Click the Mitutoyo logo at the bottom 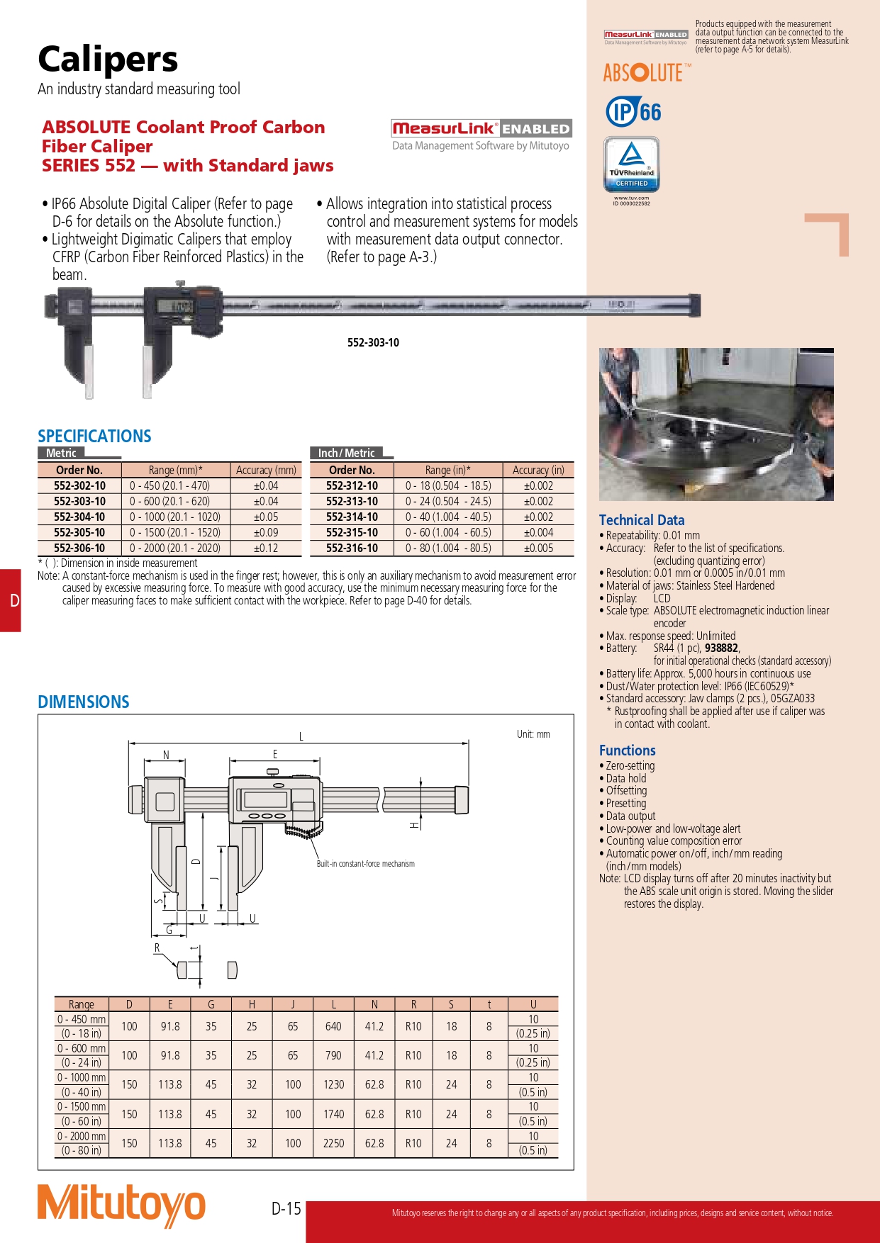[x=121, y=1205]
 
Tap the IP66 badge [x=633, y=112]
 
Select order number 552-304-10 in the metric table [x=79, y=517]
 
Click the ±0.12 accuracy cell [x=266, y=549]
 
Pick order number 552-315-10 [x=352, y=533]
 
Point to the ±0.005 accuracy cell [x=538, y=549]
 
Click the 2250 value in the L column [x=333, y=1143]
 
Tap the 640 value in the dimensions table [x=333, y=1026]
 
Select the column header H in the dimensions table [x=252, y=1004]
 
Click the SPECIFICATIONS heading [x=94, y=437]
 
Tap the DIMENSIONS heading [x=84, y=702]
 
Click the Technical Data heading [x=642, y=520]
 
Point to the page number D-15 [x=286, y=1208]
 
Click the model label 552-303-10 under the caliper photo [x=373, y=343]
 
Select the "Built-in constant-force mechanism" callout [x=365, y=864]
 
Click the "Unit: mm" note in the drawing [x=533, y=734]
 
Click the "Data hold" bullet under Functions [x=626, y=778]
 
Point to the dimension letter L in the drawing [x=301, y=737]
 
